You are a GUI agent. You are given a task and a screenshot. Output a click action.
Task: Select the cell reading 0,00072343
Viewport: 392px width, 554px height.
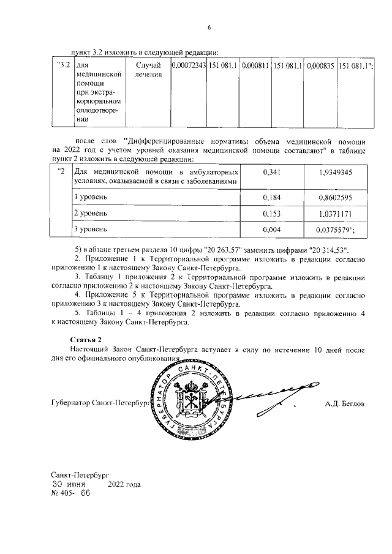point(189,66)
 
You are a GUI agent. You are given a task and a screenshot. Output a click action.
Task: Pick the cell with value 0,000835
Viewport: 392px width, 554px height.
point(320,66)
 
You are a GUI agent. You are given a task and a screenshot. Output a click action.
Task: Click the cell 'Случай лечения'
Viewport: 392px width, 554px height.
point(149,70)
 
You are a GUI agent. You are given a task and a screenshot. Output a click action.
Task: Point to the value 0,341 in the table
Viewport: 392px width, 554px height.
point(271,173)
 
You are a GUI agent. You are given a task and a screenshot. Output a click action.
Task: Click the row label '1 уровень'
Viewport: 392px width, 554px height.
point(88,197)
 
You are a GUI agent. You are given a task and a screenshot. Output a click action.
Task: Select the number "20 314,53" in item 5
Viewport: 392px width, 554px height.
point(329,250)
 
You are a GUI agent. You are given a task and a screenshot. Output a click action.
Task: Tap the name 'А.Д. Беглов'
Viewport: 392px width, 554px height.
point(345,404)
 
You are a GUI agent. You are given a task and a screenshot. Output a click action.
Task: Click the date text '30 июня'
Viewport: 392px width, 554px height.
point(68,484)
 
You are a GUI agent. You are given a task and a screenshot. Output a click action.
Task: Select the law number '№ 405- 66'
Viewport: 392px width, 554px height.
point(70,494)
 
